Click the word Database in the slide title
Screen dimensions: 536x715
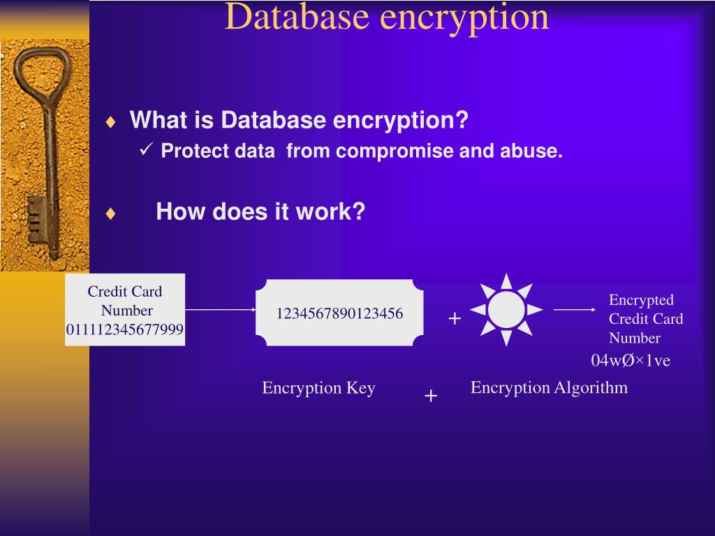point(296,17)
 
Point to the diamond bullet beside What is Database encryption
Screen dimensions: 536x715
point(110,122)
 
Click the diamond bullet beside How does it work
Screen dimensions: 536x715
point(110,214)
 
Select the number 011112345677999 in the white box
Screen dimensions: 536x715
point(125,329)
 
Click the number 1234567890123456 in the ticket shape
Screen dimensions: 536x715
point(339,313)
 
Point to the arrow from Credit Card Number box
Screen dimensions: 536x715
point(221,309)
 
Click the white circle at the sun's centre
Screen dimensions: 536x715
point(506,309)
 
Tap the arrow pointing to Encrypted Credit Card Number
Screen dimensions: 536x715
point(575,309)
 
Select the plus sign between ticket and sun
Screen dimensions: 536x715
point(455,319)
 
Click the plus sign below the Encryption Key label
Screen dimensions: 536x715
point(431,396)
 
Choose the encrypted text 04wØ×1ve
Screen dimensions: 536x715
point(631,360)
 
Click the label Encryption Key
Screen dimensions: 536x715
point(318,388)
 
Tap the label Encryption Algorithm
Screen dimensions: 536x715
point(549,387)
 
